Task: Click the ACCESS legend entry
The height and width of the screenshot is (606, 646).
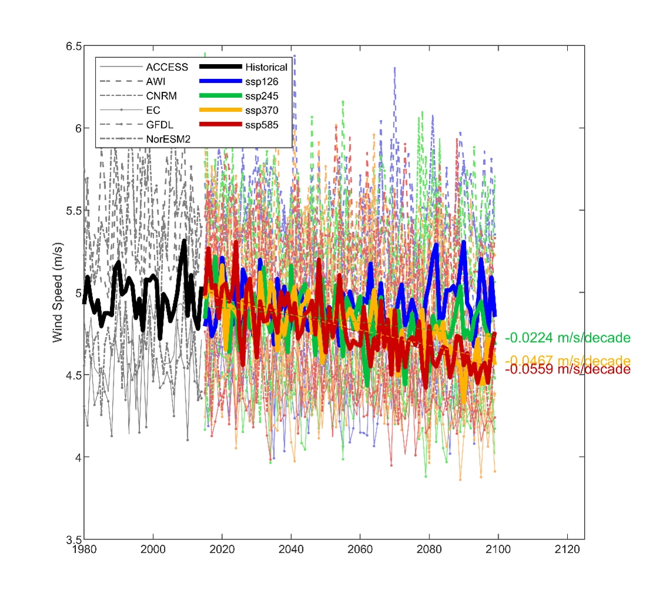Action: [167, 67]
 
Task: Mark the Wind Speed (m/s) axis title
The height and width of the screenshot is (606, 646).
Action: [58, 292]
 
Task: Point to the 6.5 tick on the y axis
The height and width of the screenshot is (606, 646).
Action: [74, 46]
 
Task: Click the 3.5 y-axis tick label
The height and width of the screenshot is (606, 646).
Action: [74, 539]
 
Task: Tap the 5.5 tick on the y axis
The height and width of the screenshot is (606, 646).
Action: [74, 210]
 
